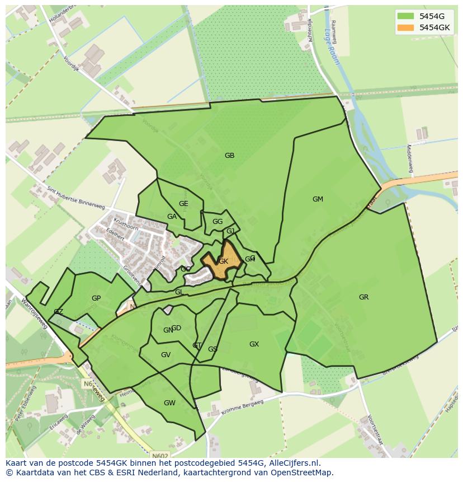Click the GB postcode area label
(229, 156)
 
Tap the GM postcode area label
(318, 199)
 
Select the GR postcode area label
(363, 297)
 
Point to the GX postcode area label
(254, 344)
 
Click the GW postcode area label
(169, 403)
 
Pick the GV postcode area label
(166, 355)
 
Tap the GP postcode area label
(96, 298)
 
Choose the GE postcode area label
(183, 204)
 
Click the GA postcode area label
(172, 217)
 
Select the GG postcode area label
(218, 222)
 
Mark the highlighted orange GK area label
(223, 261)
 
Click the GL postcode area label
(179, 292)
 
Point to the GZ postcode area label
(58, 312)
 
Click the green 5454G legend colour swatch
(405, 16)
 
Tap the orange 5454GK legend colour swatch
(405, 27)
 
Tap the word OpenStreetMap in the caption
(301, 472)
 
